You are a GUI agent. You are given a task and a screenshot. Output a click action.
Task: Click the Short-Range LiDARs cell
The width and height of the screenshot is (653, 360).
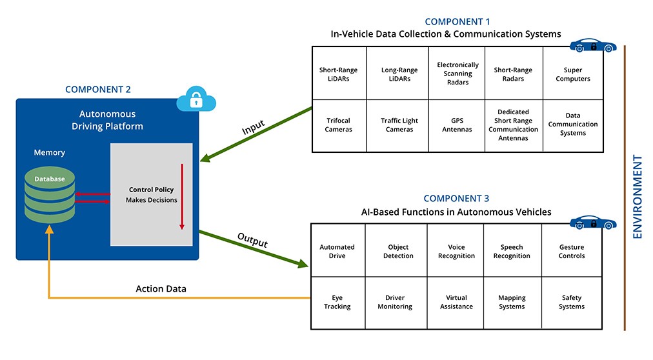(339, 74)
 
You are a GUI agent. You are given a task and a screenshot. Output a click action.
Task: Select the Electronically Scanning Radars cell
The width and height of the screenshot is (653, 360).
(457, 74)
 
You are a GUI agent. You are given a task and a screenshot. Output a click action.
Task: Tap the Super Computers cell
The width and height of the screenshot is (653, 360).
(573, 74)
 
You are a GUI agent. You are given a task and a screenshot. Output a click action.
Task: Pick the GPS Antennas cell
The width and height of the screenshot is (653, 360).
(457, 126)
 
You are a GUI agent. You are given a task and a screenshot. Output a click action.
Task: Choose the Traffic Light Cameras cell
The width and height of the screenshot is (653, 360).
(397, 126)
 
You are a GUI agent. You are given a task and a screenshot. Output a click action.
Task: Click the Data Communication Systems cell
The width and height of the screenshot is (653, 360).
(573, 126)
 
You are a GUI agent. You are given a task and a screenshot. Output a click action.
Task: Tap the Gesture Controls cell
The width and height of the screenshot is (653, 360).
(572, 250)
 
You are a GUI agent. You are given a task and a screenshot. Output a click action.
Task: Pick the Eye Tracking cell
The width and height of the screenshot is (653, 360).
(338, 303)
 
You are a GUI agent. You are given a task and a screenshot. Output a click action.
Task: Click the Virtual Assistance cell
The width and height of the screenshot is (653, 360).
(456, 303)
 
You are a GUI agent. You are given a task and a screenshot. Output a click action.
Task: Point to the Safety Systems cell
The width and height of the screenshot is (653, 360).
(572, 303)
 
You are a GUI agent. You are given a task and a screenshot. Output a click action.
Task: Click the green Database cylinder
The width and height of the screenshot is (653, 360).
(50, 195)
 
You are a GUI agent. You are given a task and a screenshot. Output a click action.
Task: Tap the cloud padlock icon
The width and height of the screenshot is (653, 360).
(196, 99)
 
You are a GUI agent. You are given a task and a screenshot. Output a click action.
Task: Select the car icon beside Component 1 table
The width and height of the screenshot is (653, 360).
(593, 45)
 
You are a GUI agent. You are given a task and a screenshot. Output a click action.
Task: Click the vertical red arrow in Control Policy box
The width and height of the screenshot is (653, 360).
(182, 196)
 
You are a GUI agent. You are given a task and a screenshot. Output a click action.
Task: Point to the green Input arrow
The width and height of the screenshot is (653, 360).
(256, 134)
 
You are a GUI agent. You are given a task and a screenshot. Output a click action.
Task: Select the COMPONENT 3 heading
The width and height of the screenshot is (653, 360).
(456, 199)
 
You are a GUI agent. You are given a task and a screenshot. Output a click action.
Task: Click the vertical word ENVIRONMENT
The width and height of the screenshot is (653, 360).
(638, 196)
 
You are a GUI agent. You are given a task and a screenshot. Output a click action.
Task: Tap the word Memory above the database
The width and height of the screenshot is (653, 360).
(50, 152)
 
